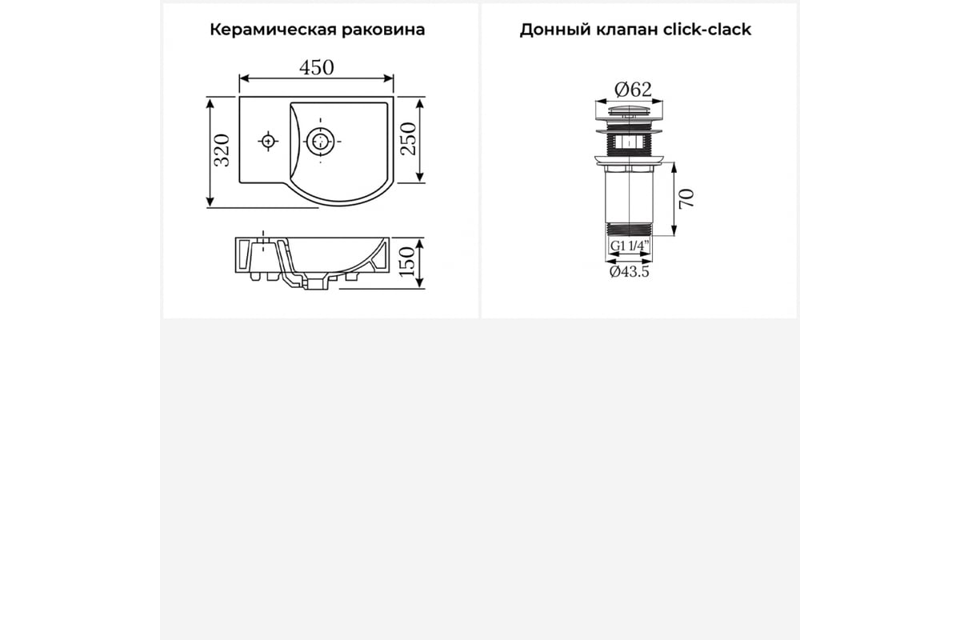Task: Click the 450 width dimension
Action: point(316,68)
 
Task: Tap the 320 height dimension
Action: point(222,150)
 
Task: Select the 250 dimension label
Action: point(408,139)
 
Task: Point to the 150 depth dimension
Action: point(407,262)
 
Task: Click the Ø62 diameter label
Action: point(633,90)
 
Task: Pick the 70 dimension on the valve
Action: point(686,198)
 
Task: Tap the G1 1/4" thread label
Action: point(630,246)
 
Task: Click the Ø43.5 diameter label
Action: point(629,271)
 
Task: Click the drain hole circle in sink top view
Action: point(320,141)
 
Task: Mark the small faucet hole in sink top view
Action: point(268,141)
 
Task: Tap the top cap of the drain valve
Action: point(629,110)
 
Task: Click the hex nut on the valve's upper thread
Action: point(629,141)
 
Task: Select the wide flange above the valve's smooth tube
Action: point(629,159)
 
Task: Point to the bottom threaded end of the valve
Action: point(630,230)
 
